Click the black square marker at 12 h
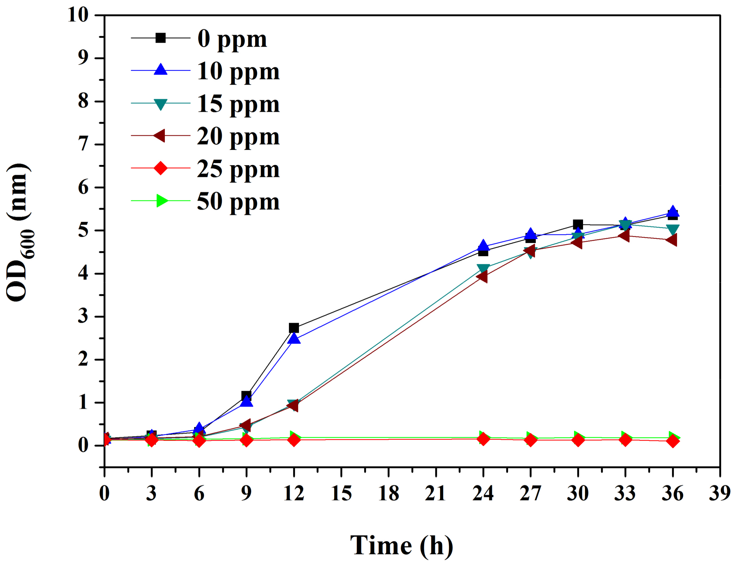pos(294,328)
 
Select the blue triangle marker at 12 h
pos(294,339)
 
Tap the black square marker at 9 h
pos(246,395)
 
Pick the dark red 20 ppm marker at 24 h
pos(482,277)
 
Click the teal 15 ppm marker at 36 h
pos(672,230)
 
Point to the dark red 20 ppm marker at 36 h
pos(672,240)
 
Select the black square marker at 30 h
pos(577,224)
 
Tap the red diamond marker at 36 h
pos(672,441)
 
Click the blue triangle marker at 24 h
pos(483,245)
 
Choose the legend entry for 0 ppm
pos(232,39)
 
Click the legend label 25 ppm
pos(238,169)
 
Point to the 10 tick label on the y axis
pos(78,15)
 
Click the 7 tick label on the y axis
pos(83,145)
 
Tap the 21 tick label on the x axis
pos(435,493)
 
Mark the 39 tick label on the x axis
pos(720,493)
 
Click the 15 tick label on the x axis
pos(341,493)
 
